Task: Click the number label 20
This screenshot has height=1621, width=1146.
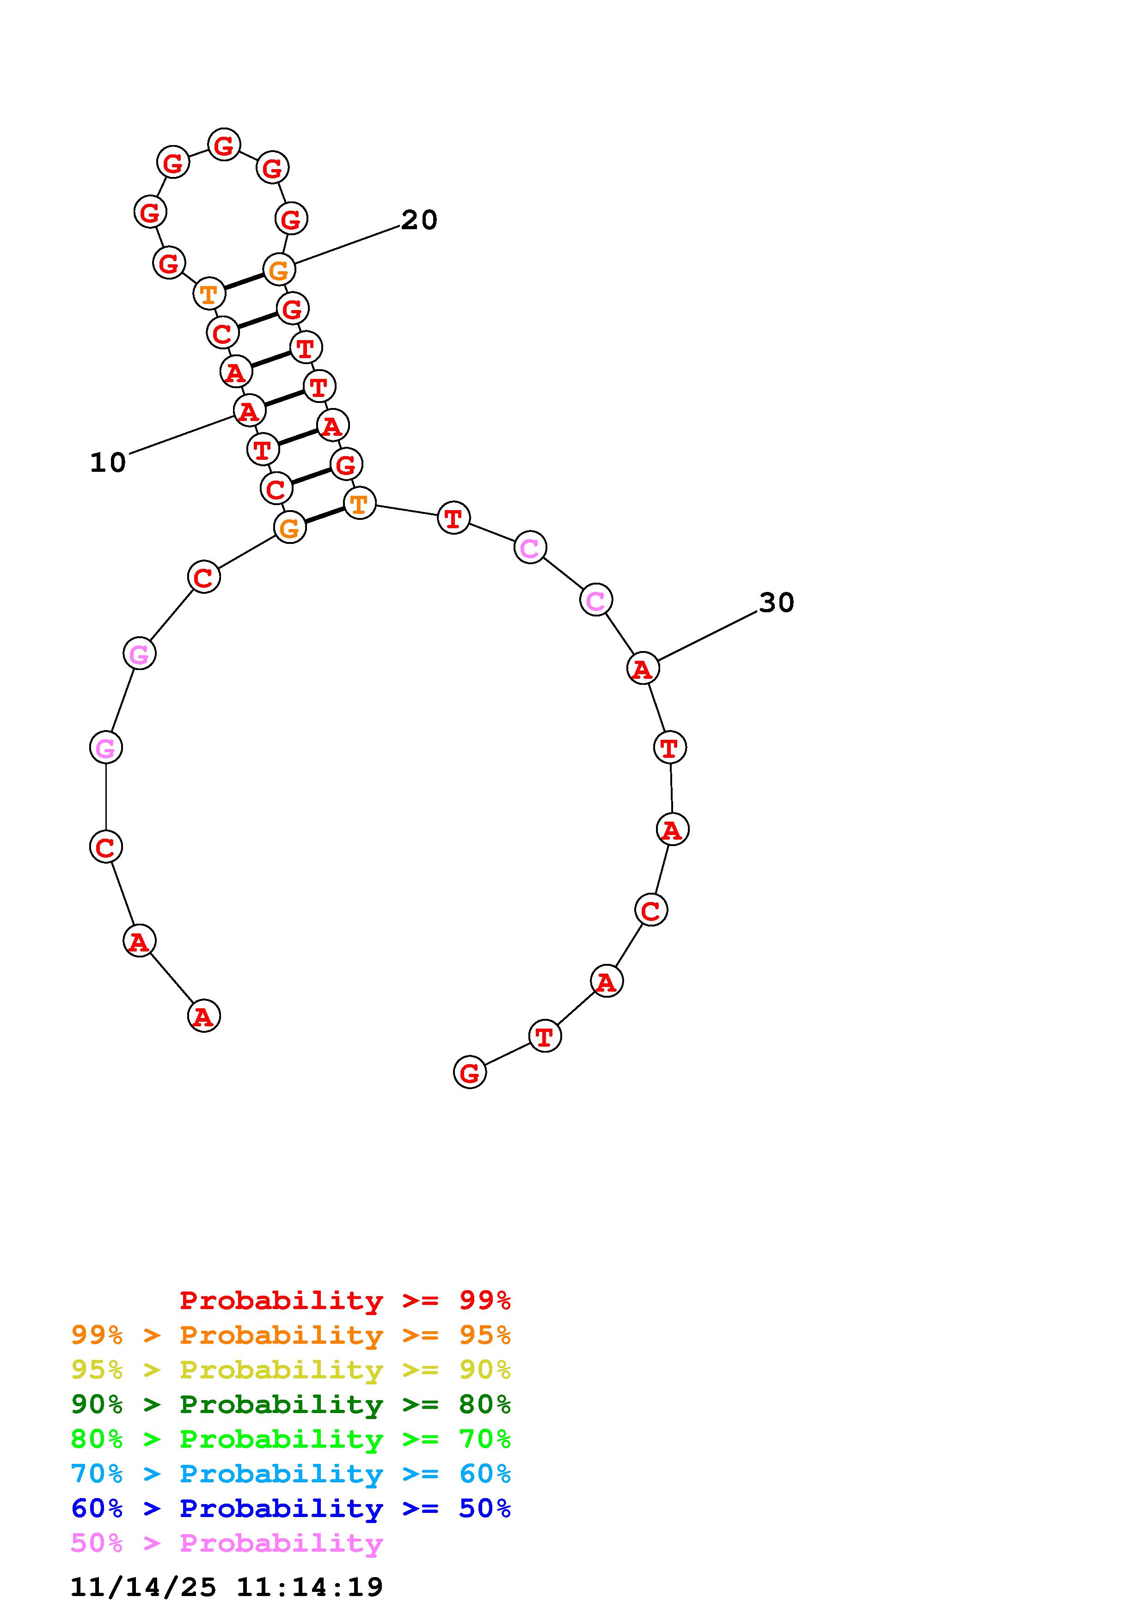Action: click(419, 220)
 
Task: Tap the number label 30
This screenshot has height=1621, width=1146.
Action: click(777, 602)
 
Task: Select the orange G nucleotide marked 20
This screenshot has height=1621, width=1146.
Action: click(279, 270)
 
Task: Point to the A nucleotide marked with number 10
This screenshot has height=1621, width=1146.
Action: click(249, 411)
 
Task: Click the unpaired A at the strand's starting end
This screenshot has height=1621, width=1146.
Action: click(204, 1017)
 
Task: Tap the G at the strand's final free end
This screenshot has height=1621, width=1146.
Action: click(470, 1073)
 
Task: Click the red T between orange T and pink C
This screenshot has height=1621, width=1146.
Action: click(453, 518)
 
